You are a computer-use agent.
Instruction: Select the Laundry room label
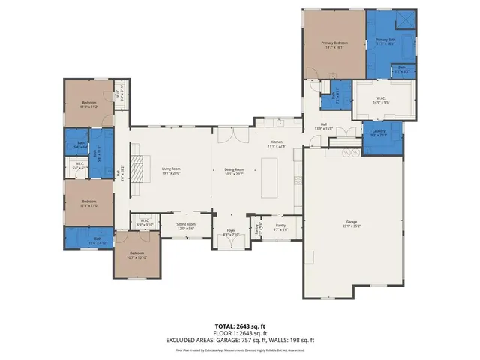click(x=378, y=133)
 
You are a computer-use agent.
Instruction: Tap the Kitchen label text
click(x=278, y=142)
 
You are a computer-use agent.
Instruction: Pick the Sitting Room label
click(x=186, y=225)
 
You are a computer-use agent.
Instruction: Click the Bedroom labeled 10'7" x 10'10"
click(x=136, y=255)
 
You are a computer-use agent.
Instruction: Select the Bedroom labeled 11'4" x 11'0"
click(x=89, y=202)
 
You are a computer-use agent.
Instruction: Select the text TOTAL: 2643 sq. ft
click(x=240, y=326)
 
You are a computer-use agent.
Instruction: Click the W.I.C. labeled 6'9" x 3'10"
click(x=145, y=222)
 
